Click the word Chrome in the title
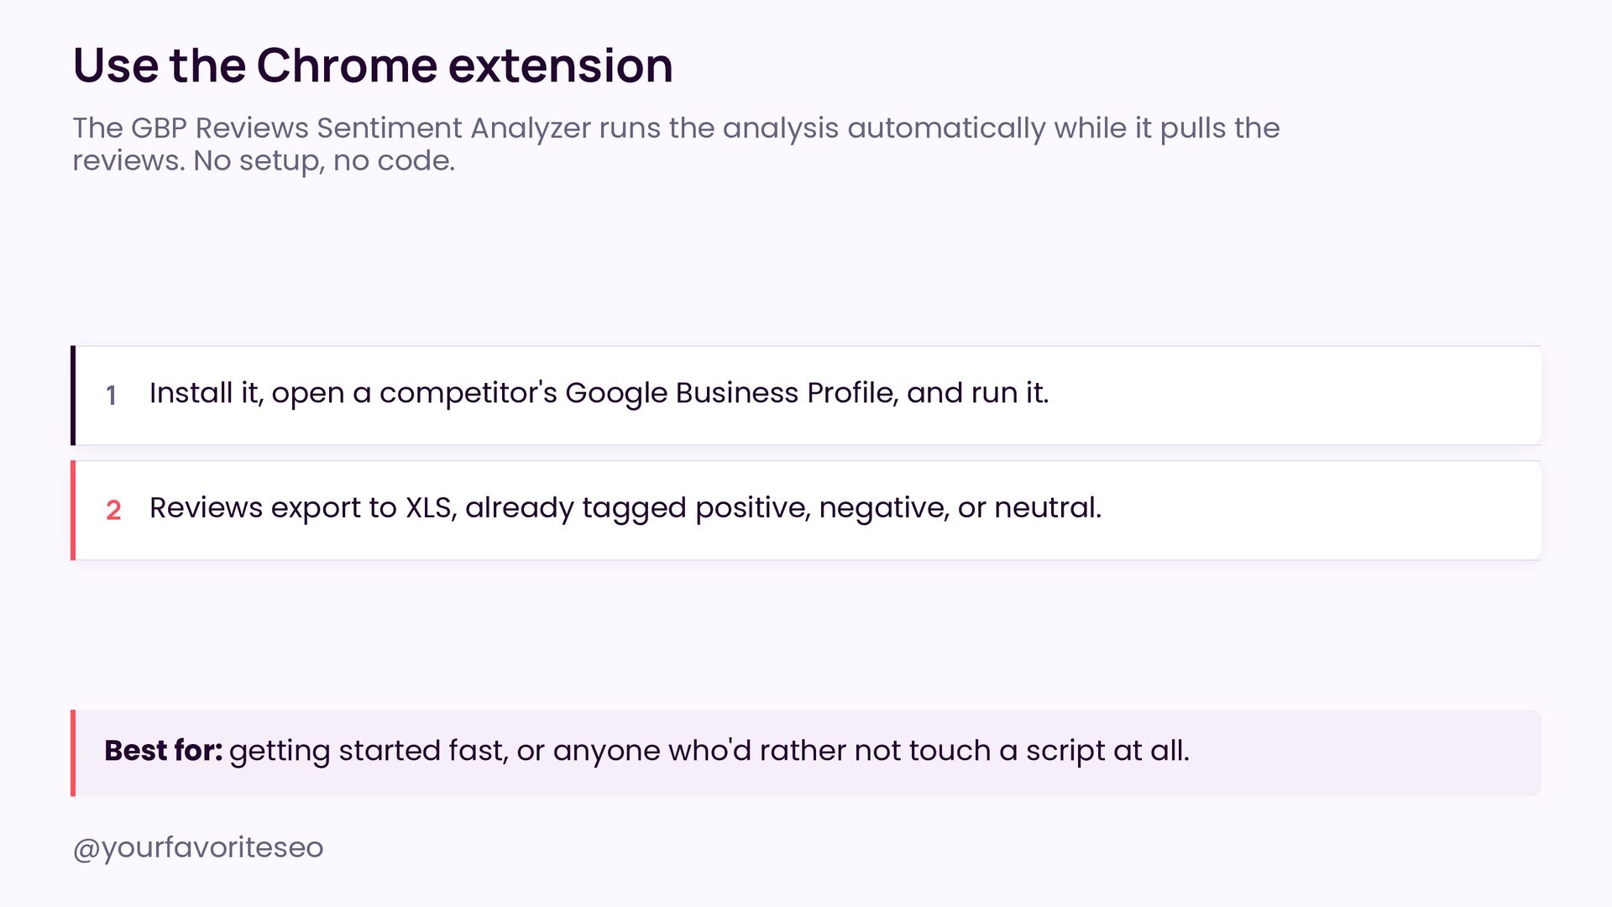pos(346,66)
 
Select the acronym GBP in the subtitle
pos(160,128)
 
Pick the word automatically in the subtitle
pos(946,129)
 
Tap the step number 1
pos(111,395)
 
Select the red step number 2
pos(113,510)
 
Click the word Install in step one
pos(191,393)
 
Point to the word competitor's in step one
pos(468,394)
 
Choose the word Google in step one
pos(616,394)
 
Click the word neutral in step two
pos(1047,508)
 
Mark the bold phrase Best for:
pos(163,751)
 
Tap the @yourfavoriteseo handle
pos(198,848)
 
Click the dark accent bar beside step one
pos(73,396)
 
